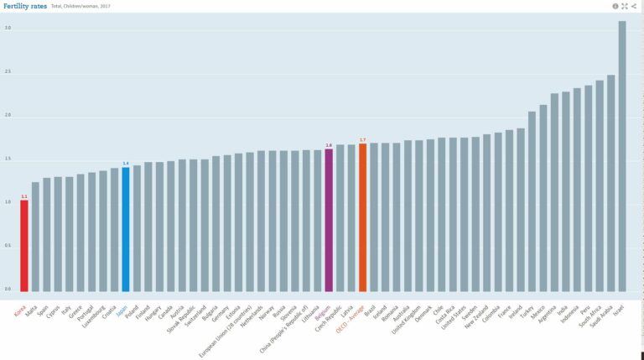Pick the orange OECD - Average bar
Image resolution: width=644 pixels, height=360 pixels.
(x=362, y=217)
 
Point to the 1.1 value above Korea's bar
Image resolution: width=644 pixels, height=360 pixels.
(x=24, y=196)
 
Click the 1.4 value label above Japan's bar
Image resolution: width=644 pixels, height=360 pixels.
(x=126, y=164)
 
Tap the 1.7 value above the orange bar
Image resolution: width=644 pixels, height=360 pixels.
(x=362, y=140)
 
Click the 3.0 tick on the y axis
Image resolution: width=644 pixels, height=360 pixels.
(x=8, y=29)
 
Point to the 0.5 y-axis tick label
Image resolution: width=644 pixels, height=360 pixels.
(x=8, y=246)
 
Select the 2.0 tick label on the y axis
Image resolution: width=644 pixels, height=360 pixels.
(x=8, y=115)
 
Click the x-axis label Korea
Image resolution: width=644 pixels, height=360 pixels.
(x=21, y=313)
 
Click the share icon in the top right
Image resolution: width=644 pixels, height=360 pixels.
(x=634, y=6)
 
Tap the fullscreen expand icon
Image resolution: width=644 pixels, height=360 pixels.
(x=625, y=6)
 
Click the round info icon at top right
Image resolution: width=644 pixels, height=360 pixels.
(x=615, y=6)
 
